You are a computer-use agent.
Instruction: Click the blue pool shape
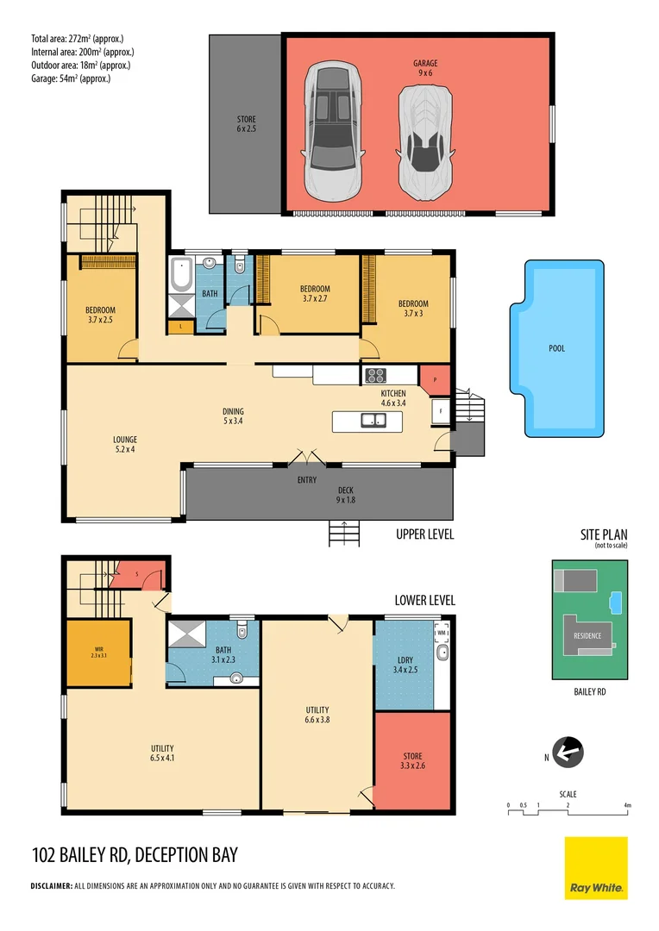point(557,348)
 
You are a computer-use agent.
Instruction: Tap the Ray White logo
point(596,867)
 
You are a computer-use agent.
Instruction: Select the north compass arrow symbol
point(568,753)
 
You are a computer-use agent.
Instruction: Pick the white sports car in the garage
point(425,142)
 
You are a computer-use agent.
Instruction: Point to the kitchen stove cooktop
point(375,375)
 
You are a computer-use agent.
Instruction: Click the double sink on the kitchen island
point(373,421)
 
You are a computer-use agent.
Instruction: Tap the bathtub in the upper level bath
point(181,274)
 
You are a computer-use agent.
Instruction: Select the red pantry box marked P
point(435,381)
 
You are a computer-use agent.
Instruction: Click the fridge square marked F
point(441,411)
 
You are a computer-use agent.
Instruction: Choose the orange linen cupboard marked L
point(180,326)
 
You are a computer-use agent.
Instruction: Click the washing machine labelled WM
point(442,633)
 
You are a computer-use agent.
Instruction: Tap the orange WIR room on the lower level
point(98,653)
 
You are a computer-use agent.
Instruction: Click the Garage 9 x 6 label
point(425,68)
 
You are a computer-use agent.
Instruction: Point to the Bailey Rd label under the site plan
point(589,691)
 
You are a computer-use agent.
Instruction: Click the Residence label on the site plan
point(587,636)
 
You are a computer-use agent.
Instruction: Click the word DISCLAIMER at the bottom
point(51,886)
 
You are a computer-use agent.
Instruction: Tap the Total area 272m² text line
point(78,39)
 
